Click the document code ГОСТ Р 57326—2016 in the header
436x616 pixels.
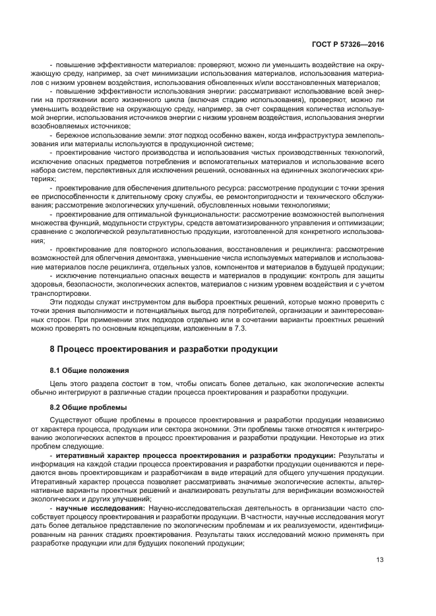(x=354, y=43)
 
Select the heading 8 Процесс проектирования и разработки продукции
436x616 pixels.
(x=164, y=349)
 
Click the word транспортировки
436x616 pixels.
(x=78, y=293)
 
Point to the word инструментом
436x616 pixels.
(x=131, y=302)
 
